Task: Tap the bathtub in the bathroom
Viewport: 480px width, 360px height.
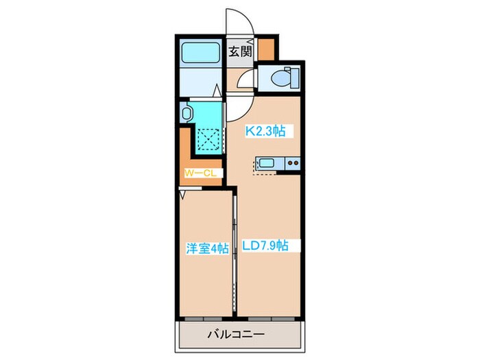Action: (200, 53)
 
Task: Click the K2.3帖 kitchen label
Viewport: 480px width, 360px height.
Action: (266, 130)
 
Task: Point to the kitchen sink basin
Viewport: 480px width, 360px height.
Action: (267, 163)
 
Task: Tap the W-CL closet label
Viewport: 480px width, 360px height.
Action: (201, 173)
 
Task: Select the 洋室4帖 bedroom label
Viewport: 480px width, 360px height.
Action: (206, 249)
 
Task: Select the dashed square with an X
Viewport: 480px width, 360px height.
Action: (208, 136)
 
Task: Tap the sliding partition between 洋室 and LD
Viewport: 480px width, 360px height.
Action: (235, 247)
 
